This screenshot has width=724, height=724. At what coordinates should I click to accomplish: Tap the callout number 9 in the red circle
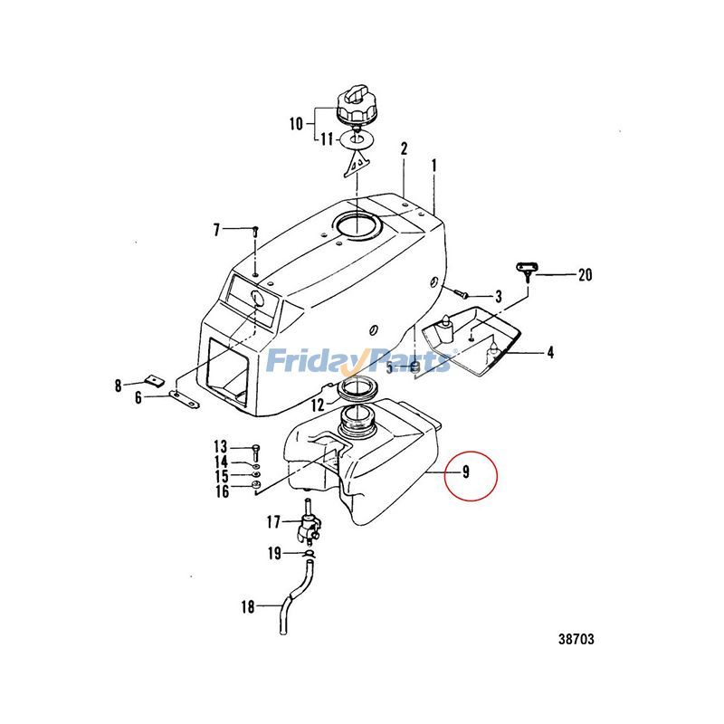pos(464,472)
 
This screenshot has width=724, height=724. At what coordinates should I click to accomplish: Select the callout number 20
pos(585,274)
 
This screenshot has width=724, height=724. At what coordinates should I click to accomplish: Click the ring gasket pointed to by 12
pos(357,392)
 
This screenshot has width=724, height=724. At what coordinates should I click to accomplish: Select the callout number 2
pos(405,148)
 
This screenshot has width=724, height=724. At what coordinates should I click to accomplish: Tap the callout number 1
pos(434,166)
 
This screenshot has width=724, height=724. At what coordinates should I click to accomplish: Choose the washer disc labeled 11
pos(356,140)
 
